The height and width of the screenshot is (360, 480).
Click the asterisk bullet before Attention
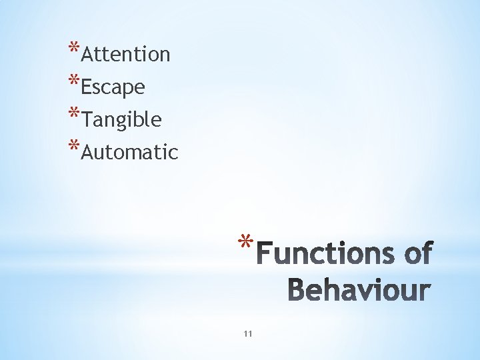(x=73, y=49)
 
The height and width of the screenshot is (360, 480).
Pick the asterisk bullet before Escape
(x=73, y=82)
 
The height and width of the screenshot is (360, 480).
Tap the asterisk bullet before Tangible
(x=73, y=115)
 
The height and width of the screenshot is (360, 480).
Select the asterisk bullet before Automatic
(x=73, y=147)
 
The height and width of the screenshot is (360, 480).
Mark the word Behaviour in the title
(x=359, y=291)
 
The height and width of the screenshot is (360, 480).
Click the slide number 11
(x=248, y=333)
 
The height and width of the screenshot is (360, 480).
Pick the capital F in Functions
(x=266, y=255)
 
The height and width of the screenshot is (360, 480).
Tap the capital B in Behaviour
(x=297, y=291)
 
